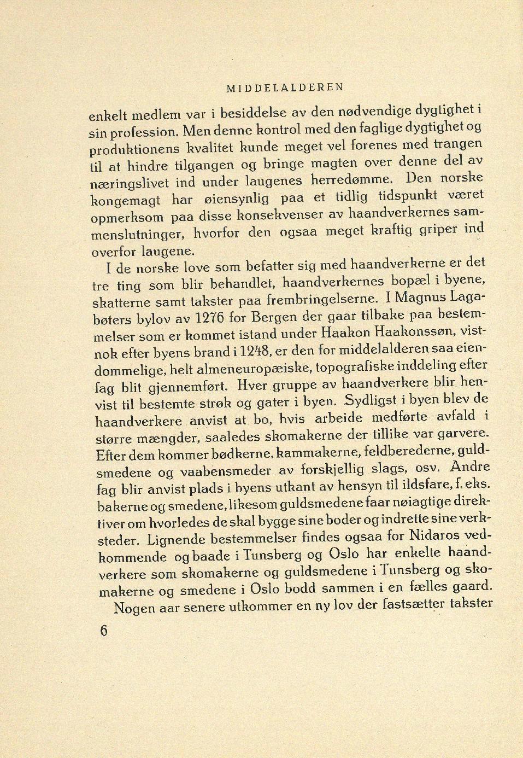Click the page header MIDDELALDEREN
pyautogui.click(x=285, y=87)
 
